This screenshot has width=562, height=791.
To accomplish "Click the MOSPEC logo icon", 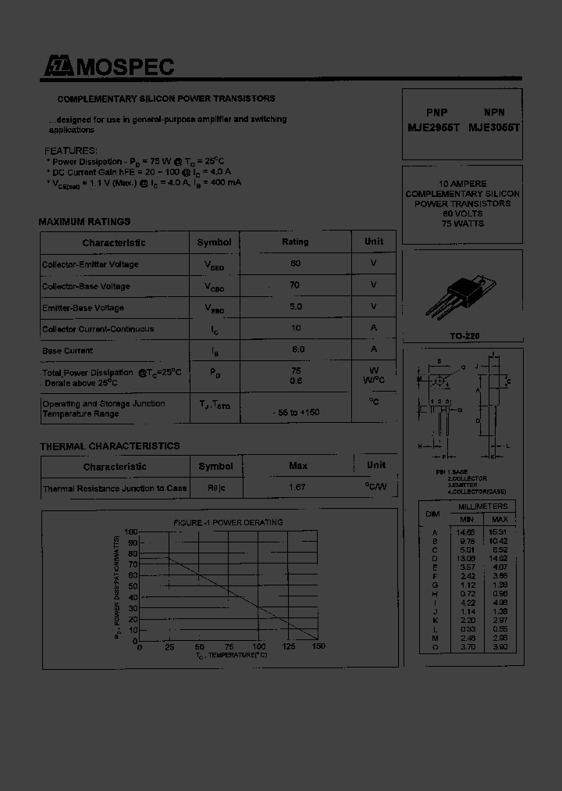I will (58, 67).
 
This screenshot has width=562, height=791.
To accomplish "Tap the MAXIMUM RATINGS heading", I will (84, 222).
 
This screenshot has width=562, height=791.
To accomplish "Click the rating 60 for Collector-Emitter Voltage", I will (295, 263).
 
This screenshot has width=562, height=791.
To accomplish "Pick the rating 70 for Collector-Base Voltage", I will (295, 285).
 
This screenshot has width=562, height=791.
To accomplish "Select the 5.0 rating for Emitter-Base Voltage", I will (295, 307).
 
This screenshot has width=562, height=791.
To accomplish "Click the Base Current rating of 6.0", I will (297, 349).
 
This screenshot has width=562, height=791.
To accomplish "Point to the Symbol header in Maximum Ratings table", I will (214, 242).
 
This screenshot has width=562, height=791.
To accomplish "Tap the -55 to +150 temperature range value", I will (296, 412).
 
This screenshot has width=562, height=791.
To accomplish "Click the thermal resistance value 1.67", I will (297, 487).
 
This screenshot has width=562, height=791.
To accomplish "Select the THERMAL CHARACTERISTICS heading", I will (109, 446).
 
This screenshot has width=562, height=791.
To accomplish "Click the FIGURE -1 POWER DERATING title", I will (227, 522).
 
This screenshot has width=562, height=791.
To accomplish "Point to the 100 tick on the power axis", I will (131, 532).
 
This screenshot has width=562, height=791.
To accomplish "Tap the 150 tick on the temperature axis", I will (318, 647).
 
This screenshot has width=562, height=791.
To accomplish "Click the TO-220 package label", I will (464, 336).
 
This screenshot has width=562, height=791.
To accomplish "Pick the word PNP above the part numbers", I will (437, 113).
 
